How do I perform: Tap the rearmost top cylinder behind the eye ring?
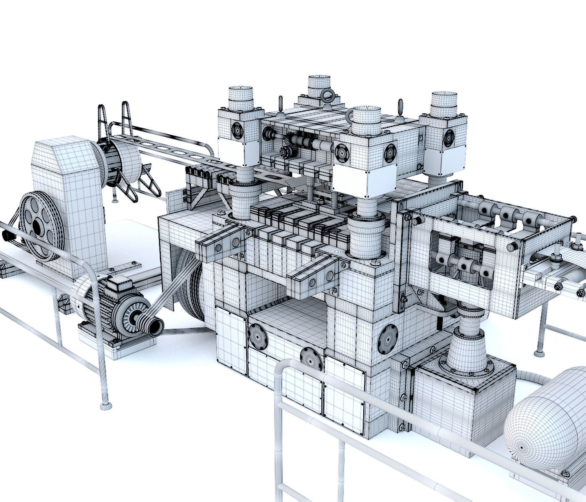319,86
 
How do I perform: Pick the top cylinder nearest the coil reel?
240,98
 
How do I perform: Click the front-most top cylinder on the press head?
366,119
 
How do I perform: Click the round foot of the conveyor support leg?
540,353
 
